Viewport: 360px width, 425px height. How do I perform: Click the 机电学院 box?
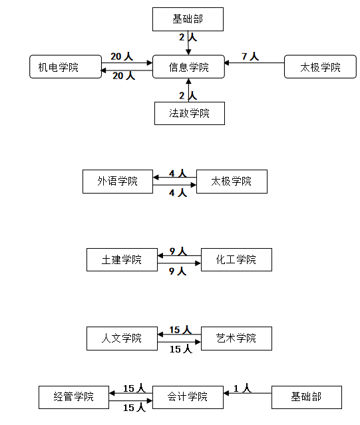tap(66, 67)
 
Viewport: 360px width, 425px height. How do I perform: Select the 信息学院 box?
tap(188, 67)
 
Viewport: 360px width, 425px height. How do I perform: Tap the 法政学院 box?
tap(190, 113)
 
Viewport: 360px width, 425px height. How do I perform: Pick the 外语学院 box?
tap(118, 182)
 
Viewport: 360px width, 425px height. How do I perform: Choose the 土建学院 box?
tap(122, 259)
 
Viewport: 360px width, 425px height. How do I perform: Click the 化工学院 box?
tap(236, 259)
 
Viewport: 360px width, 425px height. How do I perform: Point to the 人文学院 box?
tap(122, 339)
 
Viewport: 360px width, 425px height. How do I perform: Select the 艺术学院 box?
tap(236, 339)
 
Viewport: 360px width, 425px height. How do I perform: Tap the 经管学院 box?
tap(74, 397)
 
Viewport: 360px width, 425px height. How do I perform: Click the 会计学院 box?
tap(188, 397)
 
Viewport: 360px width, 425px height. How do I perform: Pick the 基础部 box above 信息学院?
tap(188, 19)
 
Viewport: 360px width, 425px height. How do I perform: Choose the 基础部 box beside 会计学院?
tap(307, 397)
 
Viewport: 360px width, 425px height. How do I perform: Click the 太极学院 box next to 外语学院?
tap(232, 182)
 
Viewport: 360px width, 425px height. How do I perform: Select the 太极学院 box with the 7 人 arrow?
tap(320, 67)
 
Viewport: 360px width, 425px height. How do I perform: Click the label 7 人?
tap(250, 57)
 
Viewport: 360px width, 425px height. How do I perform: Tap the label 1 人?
tap(243, 388)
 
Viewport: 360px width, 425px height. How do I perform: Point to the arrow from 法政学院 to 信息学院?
tap(189, 90)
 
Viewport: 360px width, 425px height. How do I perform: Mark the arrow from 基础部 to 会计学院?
tap(248, 393)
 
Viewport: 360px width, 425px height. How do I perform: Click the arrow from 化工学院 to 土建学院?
tap(179, 255)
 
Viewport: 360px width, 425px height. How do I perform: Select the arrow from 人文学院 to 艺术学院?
tap(179, 342)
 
